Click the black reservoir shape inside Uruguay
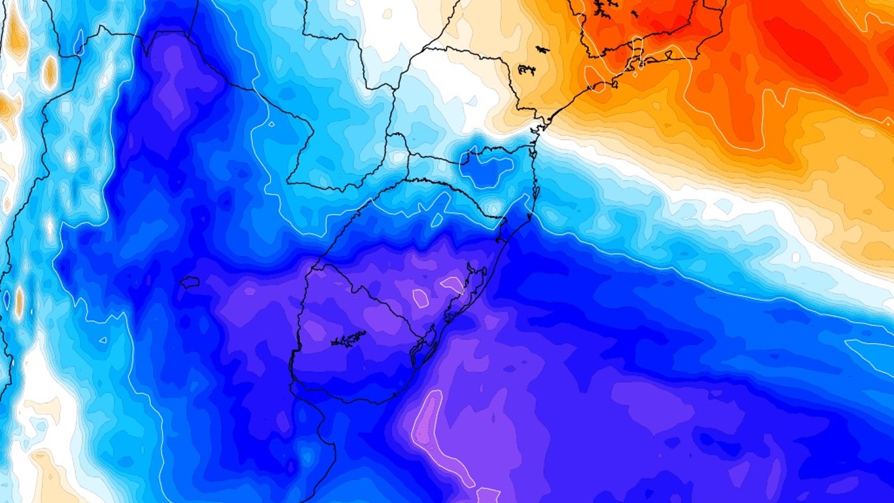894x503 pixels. (348, 339)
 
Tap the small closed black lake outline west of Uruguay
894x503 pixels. (190, 282)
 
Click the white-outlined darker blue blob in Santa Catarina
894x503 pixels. (487, 167)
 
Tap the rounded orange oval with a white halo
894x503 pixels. (50, 72)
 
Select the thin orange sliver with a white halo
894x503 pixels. (19, 299)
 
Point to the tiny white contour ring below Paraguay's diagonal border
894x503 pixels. (271, 123)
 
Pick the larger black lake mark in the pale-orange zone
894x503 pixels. (527, 68)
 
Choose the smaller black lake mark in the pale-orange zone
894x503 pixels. (542, 49)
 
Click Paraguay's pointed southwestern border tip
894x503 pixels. (289, 182)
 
